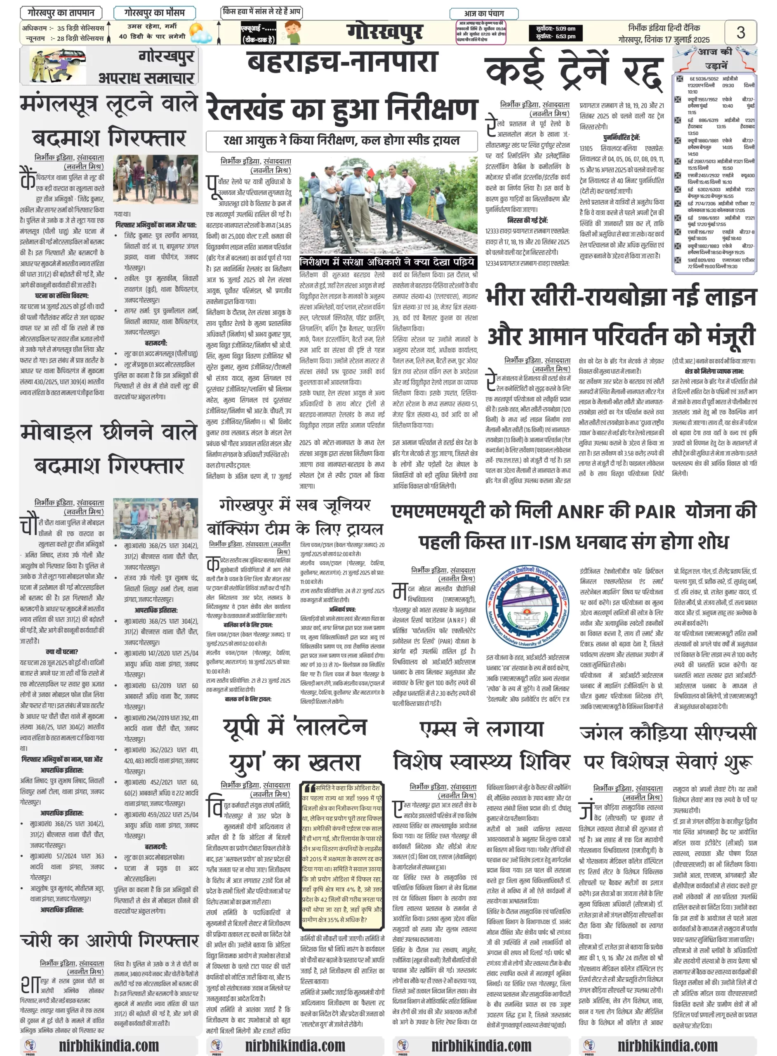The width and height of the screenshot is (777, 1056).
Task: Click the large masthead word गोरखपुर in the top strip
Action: [x=385, y=32]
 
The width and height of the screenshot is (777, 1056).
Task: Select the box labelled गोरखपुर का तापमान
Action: [x=61, y=13]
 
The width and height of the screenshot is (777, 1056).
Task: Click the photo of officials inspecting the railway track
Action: [x=388, y=206]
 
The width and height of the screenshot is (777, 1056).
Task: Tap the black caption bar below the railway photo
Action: [x=388, y=262]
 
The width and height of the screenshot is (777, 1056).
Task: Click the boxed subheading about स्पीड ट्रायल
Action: [x=341, y=141]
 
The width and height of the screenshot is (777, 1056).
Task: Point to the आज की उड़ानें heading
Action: [x=715, y=58]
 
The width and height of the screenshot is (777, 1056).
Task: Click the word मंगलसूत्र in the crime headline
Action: [x=59, y=104]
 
